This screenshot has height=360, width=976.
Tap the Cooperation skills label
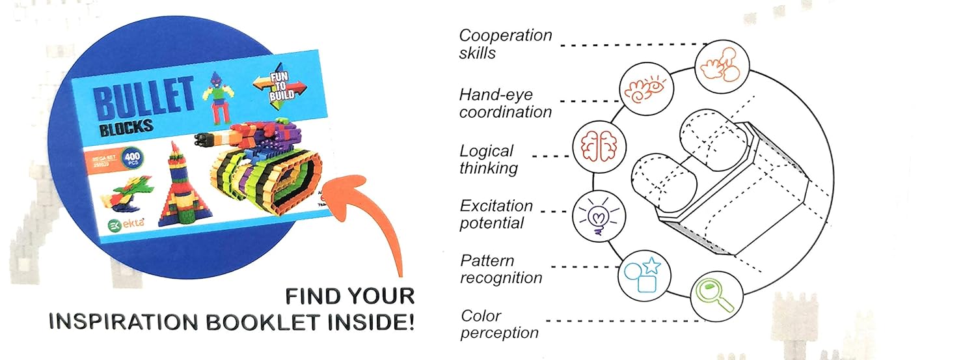[x=505, y=44]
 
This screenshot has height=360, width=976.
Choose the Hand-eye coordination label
[x=505, y=103]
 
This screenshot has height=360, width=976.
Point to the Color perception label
[x=499, y=324]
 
